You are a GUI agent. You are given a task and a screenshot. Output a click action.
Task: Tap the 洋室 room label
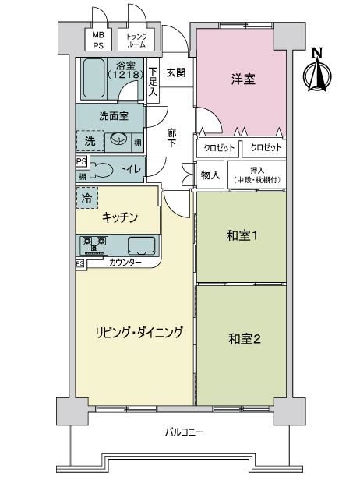(x=243, y=79)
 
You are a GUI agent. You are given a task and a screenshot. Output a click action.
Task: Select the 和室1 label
(x=242, y=235)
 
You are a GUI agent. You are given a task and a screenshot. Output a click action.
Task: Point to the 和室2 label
(x=245, y=338)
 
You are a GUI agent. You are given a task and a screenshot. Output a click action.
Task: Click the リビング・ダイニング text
(x=139, y=332)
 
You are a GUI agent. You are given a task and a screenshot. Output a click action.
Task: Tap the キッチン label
(x=120, y=217)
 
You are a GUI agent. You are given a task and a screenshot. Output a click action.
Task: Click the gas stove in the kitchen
(x=94, y=245)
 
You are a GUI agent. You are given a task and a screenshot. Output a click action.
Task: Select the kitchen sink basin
(x=141, y=245)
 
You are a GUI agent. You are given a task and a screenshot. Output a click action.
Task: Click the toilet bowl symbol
(x=101, y=169)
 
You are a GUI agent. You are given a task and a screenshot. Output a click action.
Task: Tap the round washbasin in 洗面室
(x=118, y=139)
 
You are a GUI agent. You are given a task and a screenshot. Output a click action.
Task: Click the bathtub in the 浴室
(x=94, y=78)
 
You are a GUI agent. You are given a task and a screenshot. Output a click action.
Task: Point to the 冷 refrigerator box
(x=87, y=198)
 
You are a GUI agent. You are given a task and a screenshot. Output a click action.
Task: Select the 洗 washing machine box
(x=90, y=141)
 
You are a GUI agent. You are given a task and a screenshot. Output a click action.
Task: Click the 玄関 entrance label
(x=176, y=72)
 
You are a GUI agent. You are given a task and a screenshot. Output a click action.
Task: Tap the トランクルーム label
(x=136, y=40)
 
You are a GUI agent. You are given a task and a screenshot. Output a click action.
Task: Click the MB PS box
(x=98, y=40)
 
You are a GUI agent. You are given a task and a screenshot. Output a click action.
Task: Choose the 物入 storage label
(x=210, y=175)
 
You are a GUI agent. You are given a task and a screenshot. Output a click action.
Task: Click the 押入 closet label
(x=257, y=175)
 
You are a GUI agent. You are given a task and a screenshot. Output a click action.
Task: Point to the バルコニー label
(x=185, y=432)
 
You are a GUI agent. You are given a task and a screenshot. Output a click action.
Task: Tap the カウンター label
(x=125, y=263)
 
